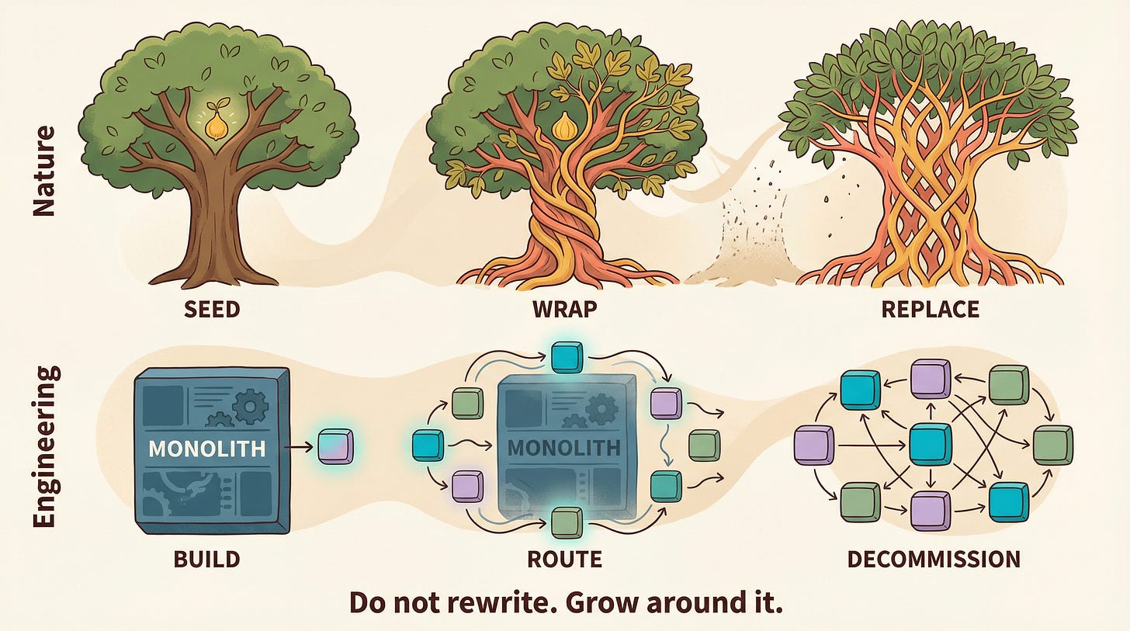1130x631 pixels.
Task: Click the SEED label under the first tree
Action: coord(211,309)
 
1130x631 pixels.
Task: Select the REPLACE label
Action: coord(930,309)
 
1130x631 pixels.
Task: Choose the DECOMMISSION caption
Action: coord(934,559)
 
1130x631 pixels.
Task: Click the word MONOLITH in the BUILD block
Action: coord(206,448)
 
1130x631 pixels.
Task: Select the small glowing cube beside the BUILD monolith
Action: coord(336,448)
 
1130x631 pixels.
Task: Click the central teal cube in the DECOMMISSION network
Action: coord(929,445)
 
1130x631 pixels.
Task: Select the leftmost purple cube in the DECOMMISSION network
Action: coord(814,446)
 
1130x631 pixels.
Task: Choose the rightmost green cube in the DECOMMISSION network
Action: coord(1052,444)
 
